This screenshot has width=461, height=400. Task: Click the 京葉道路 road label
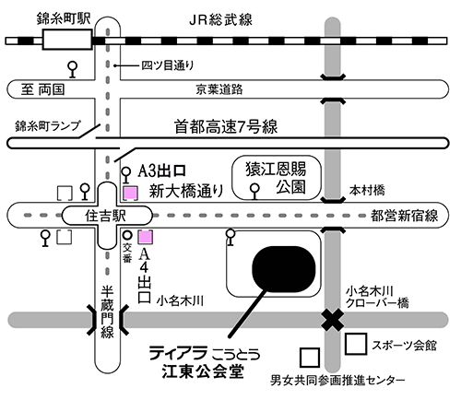tap(218, 88)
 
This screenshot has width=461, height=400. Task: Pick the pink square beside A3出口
tap(131, 193)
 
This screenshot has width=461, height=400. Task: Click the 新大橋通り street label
tap(187, 192)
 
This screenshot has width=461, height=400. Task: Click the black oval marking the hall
tap(286, 267)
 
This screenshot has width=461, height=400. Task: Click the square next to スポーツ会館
tap(355, 344)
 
